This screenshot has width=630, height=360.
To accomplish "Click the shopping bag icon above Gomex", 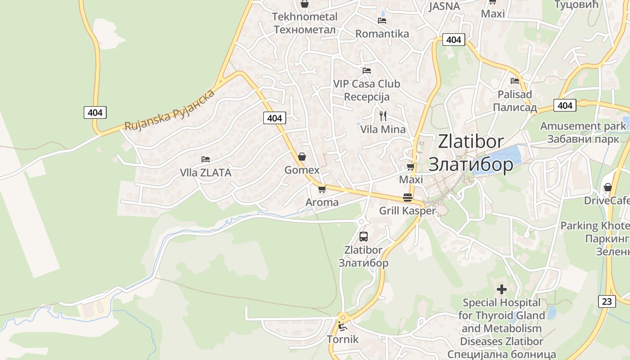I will [x=302, y=157].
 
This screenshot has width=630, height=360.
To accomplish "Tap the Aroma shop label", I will [x=322, y=202].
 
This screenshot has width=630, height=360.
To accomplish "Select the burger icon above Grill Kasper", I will [x=408, y=198].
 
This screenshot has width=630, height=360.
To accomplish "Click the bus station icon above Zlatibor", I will [x=364, y=236].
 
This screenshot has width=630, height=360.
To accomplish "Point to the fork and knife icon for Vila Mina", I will [x=383, y=116].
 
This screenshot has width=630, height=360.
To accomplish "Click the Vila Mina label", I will [x=383, y=130].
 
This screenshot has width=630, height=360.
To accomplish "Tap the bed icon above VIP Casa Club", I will [x=367, y=71].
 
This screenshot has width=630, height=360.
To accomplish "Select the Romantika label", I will [x=382, y=34].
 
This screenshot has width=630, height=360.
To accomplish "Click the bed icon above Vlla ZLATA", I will [x=206, y=159].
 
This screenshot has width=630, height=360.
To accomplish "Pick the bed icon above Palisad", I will [x=515, y=81].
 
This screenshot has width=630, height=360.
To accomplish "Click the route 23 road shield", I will [x=607, y=301].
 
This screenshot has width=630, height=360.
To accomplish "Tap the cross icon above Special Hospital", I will [x=502, y=289].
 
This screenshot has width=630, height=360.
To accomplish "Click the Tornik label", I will [x=343, y=339].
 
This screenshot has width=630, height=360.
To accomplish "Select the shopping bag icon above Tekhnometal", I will [x=305, y=4].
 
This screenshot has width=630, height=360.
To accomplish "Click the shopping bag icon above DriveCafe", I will [x=608, y=187].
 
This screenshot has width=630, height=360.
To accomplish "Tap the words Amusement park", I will [x=583, y=126].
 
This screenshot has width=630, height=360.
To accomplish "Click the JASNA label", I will [x=444, y=6].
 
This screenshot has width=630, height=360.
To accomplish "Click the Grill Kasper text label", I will [x=408, y=211].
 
